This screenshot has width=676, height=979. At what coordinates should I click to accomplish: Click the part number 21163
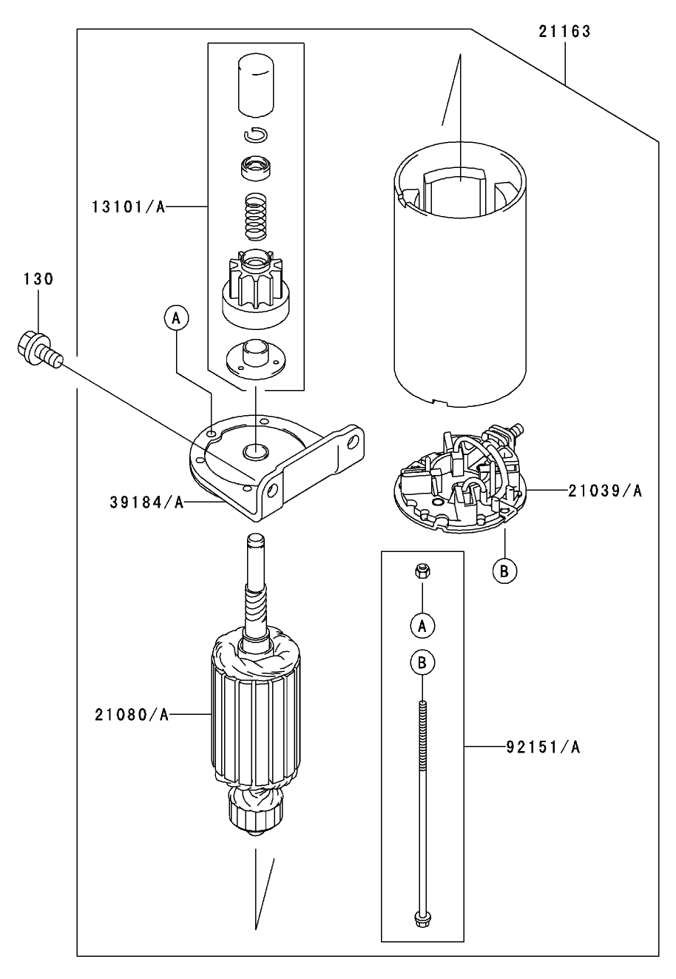(x=564, y=32)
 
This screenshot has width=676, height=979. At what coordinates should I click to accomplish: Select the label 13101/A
(x=127, y=207)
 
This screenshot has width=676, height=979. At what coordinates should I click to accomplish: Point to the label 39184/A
(x=146, y=502)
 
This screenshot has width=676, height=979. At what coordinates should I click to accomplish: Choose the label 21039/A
(x=605, y=490)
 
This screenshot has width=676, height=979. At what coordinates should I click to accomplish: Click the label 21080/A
(x=132, y=714)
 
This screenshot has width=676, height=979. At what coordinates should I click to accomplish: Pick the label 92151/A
(x=543, y=747)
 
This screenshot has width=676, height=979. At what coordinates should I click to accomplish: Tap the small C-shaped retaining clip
(x=256, y=134)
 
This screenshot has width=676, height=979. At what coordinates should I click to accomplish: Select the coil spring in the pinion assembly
(x=255, y=216)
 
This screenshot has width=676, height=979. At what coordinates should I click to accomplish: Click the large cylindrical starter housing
(x=460, y=281)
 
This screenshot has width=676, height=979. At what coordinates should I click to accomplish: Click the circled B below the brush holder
(x=504, y=571)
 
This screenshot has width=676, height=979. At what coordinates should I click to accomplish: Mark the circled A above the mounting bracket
(x=176, y=318)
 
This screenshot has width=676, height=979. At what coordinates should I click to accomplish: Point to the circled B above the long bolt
(x=422, y=663)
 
